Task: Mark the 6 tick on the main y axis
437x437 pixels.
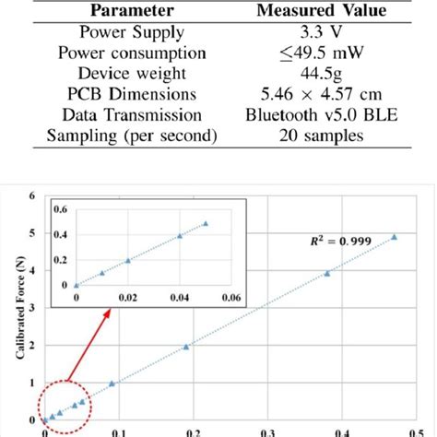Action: (32, 195)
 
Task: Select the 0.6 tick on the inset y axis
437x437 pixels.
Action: (60, 209)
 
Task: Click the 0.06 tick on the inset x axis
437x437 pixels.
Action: (230, 298)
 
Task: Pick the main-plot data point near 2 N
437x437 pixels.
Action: (186, 347)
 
